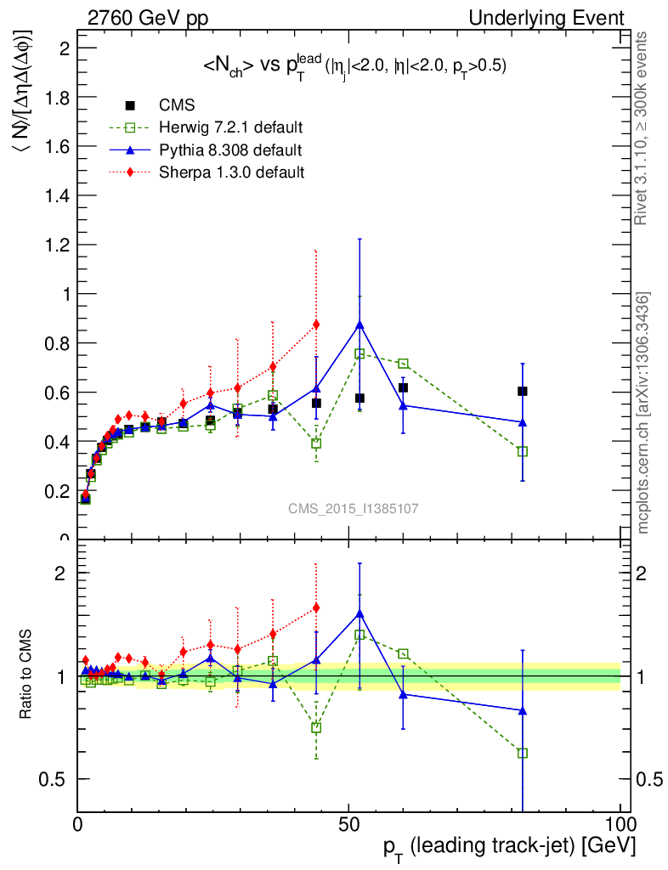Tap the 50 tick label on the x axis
click(x=348, y=824)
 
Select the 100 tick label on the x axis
click(x=619, y=824)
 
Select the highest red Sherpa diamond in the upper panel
click(x=316, y=324)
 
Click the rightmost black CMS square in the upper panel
click(x=523, y=391)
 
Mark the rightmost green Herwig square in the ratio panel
click(x=523, y=753)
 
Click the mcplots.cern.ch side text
click(x=644, y=413)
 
